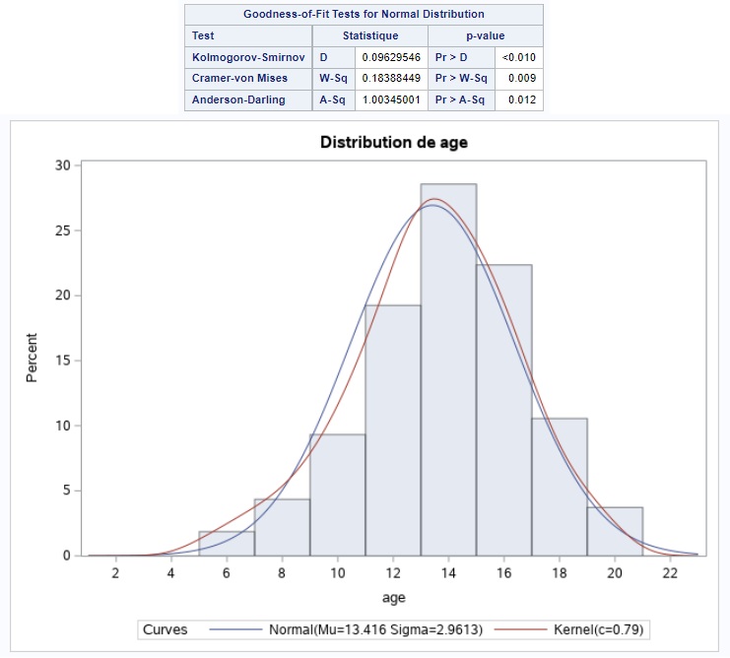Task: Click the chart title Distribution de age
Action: pyautogui.click(x=393, y=142)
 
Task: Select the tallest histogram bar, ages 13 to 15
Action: pyautogui.click(x=448, y=369)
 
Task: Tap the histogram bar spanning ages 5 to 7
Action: pyautogui.click(x=227, y=544)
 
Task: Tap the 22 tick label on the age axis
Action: pyautogui.click(x=670, y=574)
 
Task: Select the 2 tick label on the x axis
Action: pyautogui.click(x=115, y=574)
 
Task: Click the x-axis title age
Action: pyautogui.click(x=393, y=597)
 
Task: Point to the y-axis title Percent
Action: pyautogui.click(x=32, y=361)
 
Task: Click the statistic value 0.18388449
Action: pyautogui.click(x=392, y=79)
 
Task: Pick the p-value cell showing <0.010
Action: pyautogui.click(x=518, y=58)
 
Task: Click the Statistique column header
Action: pyautogui.click(x=369, y=35)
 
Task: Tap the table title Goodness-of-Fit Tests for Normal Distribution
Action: pyautogui.click(x=364, y=14)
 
